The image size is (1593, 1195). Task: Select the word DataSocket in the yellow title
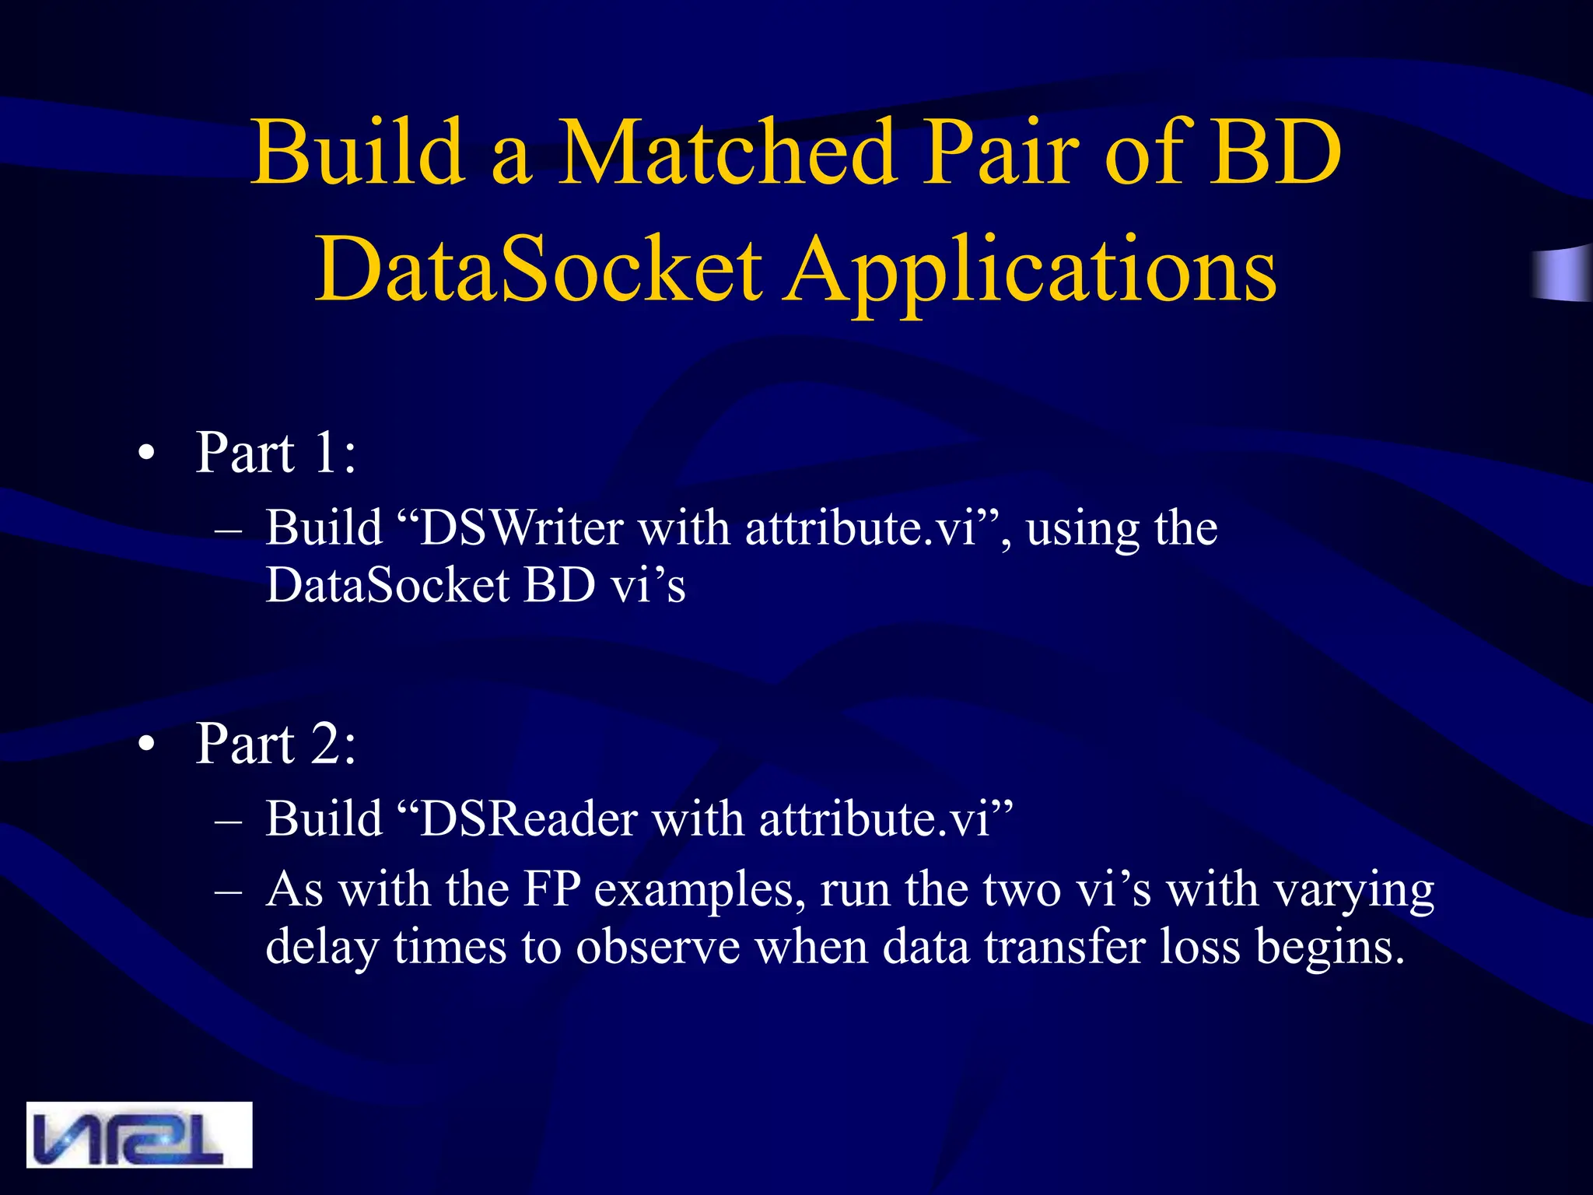click(538, 268)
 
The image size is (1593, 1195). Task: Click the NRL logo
click(139, 1134)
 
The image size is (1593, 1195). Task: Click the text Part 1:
click(276, 452)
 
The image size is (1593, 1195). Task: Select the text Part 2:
click(276, 744)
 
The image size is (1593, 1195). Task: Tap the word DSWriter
click(521, 528)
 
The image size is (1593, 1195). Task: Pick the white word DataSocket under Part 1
click(387, 585)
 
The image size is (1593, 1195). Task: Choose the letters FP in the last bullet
click(551, 889)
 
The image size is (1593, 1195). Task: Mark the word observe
click(658, 948)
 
